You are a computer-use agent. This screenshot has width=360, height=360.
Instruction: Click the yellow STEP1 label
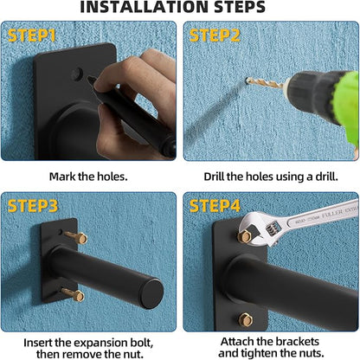pyautogui.click(x=31, y=35)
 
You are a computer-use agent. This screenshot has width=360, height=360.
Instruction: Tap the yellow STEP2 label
pyautogui.click(x=215, y=35)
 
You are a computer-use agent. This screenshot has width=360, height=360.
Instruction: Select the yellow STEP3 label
pyautogui.click(x=33, y=206)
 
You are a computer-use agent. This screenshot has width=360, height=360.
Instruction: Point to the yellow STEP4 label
pyautogui.click(x=215, y=206)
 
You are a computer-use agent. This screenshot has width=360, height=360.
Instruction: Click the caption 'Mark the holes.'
pyautogui.click(x=88, y=177)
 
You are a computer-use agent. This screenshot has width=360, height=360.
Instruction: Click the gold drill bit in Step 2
pyautogui.click(x=266, y=83)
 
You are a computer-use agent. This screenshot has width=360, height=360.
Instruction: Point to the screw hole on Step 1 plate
pyautogui.click(x=77, y=74)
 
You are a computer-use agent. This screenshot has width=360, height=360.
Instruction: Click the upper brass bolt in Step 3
pyautogui.click(x=77, y=237)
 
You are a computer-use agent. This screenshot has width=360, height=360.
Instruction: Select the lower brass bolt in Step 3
pyautogui.click(x=74, y=294)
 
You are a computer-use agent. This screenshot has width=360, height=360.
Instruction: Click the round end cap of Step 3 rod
pyautogui.click(x=152, y=293)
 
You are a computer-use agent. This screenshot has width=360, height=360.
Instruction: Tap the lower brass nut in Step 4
pyautogui.click(x=246, y=319)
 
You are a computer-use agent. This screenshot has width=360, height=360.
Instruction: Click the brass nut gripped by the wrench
pyautogui.click(x=245, y=236)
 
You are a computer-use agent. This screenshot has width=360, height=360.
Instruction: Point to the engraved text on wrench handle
pyautogui.click(x=326, y=215)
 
